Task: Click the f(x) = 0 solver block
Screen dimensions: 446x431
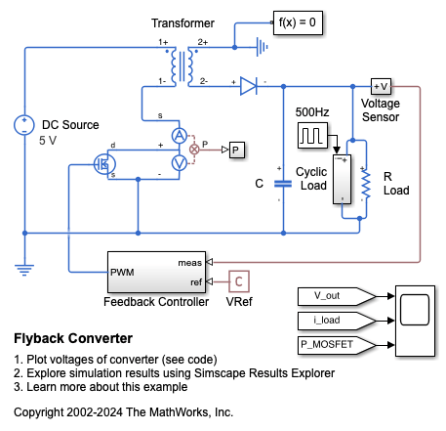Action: tap(298, 22)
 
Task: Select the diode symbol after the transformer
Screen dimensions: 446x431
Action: tap(249, 86)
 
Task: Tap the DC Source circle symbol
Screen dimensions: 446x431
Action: tap(24, 125)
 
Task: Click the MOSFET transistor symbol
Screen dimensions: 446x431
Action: tap(104, 164)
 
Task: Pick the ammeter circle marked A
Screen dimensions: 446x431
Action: tap(180, 136)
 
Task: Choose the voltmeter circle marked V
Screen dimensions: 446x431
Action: tap(180, 163)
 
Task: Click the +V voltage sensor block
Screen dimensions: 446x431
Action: tap(381, 87)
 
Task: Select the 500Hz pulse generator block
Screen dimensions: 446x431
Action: tap(312, 136)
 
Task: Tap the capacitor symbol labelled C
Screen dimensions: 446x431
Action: tap(283, 184)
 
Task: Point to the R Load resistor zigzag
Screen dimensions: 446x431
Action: tap(366, 184)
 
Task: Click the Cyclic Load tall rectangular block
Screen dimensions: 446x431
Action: tap(342, 180)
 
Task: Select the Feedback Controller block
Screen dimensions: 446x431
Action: tap(157, 272)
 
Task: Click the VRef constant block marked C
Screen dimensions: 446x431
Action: tap(239, 281)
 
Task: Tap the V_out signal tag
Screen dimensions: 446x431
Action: tap(337, 296)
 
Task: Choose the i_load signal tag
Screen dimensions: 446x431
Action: tap(337, 321)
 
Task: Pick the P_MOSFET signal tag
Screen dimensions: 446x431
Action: tap(337, 345)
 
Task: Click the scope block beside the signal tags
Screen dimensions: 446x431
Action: tap(415, 321)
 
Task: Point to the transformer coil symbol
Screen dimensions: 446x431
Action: tap(182, 66)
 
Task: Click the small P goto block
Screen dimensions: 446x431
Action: tap(237, 150)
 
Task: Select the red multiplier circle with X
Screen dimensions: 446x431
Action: tap(194, 150)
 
